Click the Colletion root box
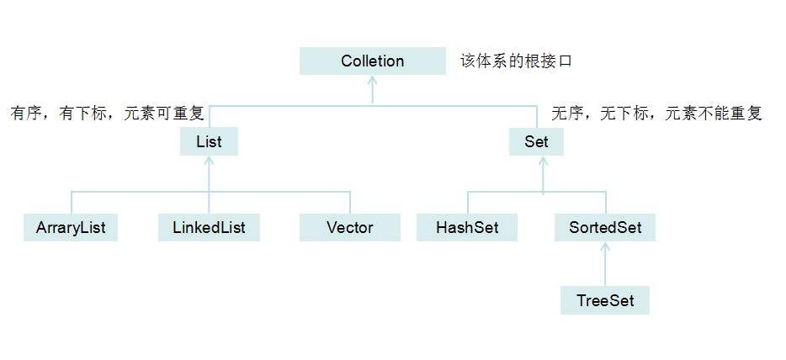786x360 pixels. (x=373, y=61)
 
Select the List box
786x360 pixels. (x=209, y=141)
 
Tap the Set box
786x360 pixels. (x=536, y=141)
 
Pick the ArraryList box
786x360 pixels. (x=71, y=227)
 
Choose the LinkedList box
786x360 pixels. (x=209, y=227)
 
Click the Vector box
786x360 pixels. (x=349, y=227)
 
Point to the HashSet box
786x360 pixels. (x=467, y=227)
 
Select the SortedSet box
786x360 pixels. (x=604, y=227)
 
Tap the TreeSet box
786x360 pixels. (x=604, y=300)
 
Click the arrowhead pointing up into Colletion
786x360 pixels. (x=373, y=80)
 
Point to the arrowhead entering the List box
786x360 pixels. (x=209, y=161)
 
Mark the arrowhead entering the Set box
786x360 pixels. (x=543, y=161)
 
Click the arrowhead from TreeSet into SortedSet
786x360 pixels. (x=604, y=246)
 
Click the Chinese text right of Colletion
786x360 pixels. (x=516, y=61)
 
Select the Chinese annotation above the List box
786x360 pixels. (x=107, y=114)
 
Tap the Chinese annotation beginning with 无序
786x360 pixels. (x=656, y=114)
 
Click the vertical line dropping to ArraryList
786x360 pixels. (x=72, y=203)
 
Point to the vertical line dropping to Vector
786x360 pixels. (x=349, y=203)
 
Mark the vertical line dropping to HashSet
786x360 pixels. (x=468, y=203)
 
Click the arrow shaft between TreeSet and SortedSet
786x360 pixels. (x=604, y=267)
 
